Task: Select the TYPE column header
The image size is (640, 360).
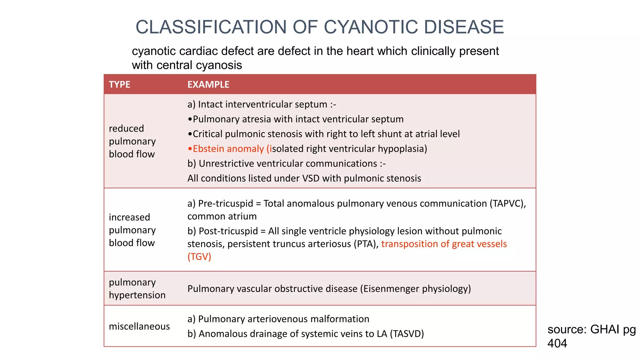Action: [x=119, y=84]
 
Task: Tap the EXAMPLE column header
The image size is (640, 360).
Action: [x=208, y=84]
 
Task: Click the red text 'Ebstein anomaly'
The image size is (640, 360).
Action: [x=228, y=149]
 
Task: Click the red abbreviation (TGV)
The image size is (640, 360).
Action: [x=199, y=257]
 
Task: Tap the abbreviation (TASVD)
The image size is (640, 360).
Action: [x=407, y=334]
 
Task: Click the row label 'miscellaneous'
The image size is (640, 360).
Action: [x=139, y=326]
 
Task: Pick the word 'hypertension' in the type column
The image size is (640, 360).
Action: [x=137, y=295]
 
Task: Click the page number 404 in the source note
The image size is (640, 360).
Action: [x=557, y=343]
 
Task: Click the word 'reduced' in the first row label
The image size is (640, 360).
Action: [x=126, y=128]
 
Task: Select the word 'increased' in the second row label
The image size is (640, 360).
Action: [x=129, y=217]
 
